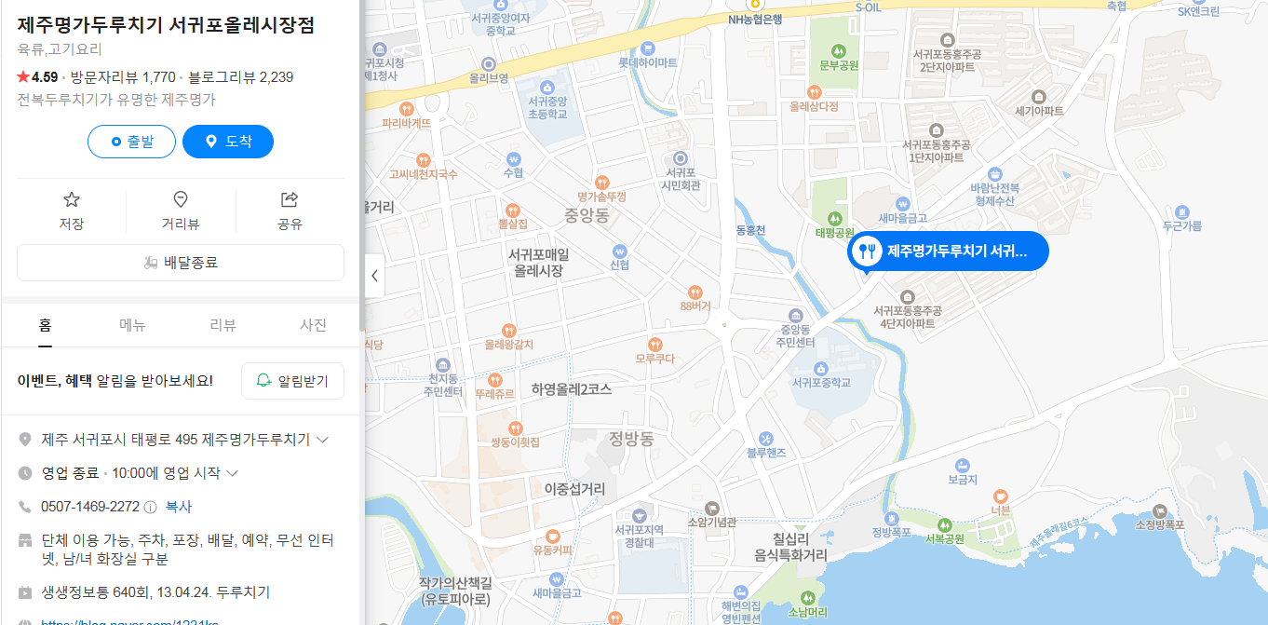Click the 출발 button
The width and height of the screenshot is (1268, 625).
point(131,142)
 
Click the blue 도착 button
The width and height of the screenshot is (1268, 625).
point(228,142)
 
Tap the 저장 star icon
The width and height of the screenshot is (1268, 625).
point(72,199)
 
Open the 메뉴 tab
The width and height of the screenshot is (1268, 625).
point(133,325)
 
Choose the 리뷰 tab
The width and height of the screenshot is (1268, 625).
point(223,325)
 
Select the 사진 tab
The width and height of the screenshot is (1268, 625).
point(313,325)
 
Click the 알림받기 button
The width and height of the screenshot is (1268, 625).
point(292,381)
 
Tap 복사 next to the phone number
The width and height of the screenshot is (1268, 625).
point(179,507)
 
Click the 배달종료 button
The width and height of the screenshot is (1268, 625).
point(181,263)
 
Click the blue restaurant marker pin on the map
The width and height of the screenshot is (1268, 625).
point(867,251)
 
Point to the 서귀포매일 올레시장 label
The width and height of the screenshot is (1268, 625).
point(539,262)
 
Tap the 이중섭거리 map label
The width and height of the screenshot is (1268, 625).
point(574,488)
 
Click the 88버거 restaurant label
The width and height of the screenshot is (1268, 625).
point(695,306)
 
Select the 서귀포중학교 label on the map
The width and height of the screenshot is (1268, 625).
point(820,382)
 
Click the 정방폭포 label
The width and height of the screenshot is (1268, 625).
point(891,533)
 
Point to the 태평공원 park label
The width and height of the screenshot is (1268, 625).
point(834,232)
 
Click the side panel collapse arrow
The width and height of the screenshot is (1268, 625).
point(374,276)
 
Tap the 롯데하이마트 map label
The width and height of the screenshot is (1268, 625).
point(648,62)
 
